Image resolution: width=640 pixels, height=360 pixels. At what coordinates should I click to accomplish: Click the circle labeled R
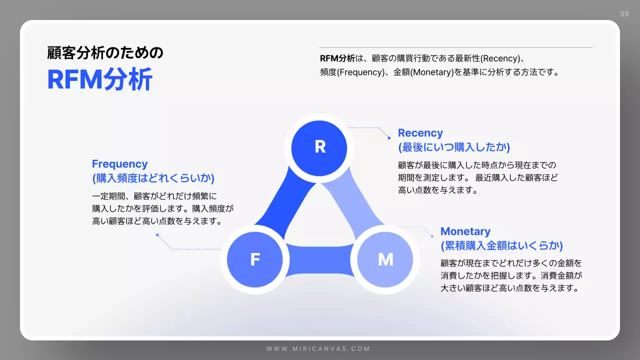tap(320, 146)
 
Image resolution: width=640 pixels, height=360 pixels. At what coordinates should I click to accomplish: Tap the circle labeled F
tap(255, 259)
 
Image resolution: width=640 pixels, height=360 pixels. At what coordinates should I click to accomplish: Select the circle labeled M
tap(385, 259)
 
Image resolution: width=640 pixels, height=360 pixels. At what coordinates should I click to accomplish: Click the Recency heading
tap(420, 133)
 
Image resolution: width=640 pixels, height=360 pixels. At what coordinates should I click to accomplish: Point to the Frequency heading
tap(120, 164)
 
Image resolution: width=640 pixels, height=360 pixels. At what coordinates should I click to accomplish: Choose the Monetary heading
tap(465, 231)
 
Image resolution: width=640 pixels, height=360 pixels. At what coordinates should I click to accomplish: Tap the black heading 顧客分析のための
tap(105, 52)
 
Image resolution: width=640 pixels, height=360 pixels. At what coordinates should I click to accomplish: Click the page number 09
tap(624, 14)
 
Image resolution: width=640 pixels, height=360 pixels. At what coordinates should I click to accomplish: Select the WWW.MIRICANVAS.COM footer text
tap(318, 348)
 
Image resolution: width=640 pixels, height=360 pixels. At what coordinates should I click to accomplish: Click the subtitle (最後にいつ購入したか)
tap(454, 147)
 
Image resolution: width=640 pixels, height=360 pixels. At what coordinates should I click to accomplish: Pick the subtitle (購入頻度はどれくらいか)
tap(153, 178)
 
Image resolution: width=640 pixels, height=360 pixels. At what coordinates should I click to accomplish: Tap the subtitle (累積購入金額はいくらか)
tap(501, 245)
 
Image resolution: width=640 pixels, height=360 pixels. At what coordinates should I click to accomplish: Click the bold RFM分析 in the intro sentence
tap(337, 58)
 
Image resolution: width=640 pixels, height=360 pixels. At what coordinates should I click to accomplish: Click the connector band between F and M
tap(320, 260)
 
